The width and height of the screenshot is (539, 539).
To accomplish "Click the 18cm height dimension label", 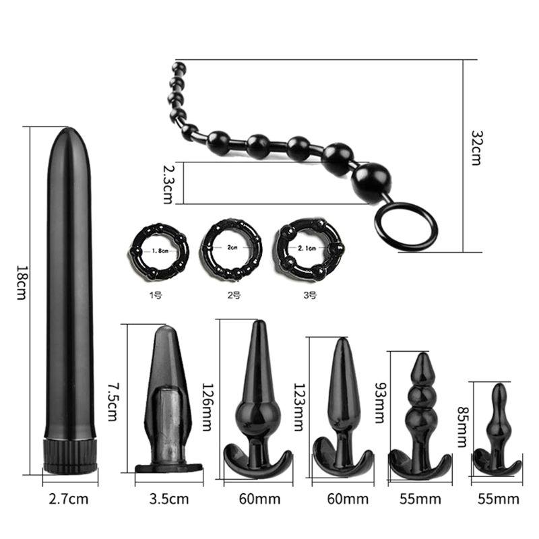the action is pos(22,282).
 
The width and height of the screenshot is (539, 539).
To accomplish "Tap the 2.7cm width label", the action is pos(69,499).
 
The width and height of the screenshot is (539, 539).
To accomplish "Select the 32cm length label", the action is pos(476,148).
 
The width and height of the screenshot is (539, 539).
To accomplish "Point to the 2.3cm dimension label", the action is pos(167,184).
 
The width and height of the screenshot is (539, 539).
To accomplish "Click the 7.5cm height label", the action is pos(113,402).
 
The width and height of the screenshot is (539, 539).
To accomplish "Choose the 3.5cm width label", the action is pos(169,499).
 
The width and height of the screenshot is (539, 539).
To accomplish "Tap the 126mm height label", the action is pos(208,407).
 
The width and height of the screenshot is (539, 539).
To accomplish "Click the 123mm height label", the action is pos(298,407).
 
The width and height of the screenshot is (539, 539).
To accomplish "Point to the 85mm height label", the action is pos(463,427).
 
